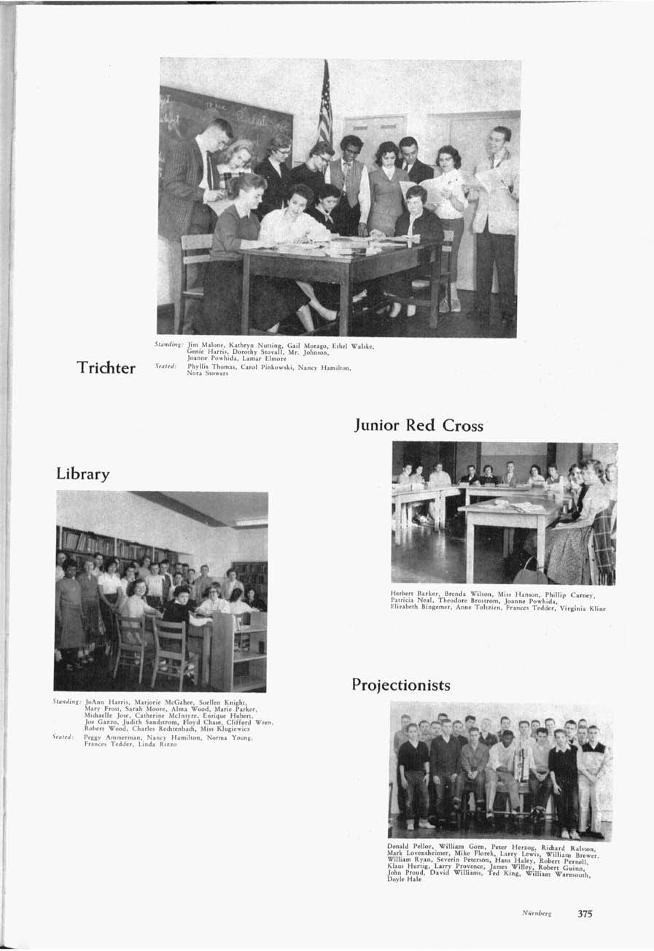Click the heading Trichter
(107, 368)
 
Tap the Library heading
(83, 474)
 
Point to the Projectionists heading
(400, 685)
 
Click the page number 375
(585, 913)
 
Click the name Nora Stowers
(206, 373)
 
